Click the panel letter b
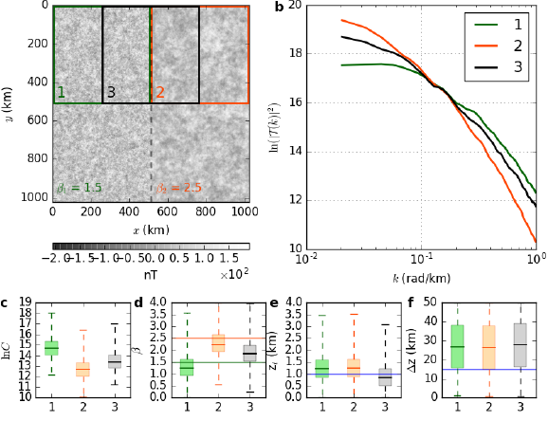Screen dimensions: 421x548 click(279, 9)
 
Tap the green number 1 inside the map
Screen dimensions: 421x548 click(61, 92)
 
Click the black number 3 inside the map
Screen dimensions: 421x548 click(111, 92)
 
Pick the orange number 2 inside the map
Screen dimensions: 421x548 click(160, 92)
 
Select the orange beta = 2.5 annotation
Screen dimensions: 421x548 click(179, 188)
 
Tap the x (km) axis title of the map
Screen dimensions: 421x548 click(150, 229)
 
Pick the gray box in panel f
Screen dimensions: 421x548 click(519, 345)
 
